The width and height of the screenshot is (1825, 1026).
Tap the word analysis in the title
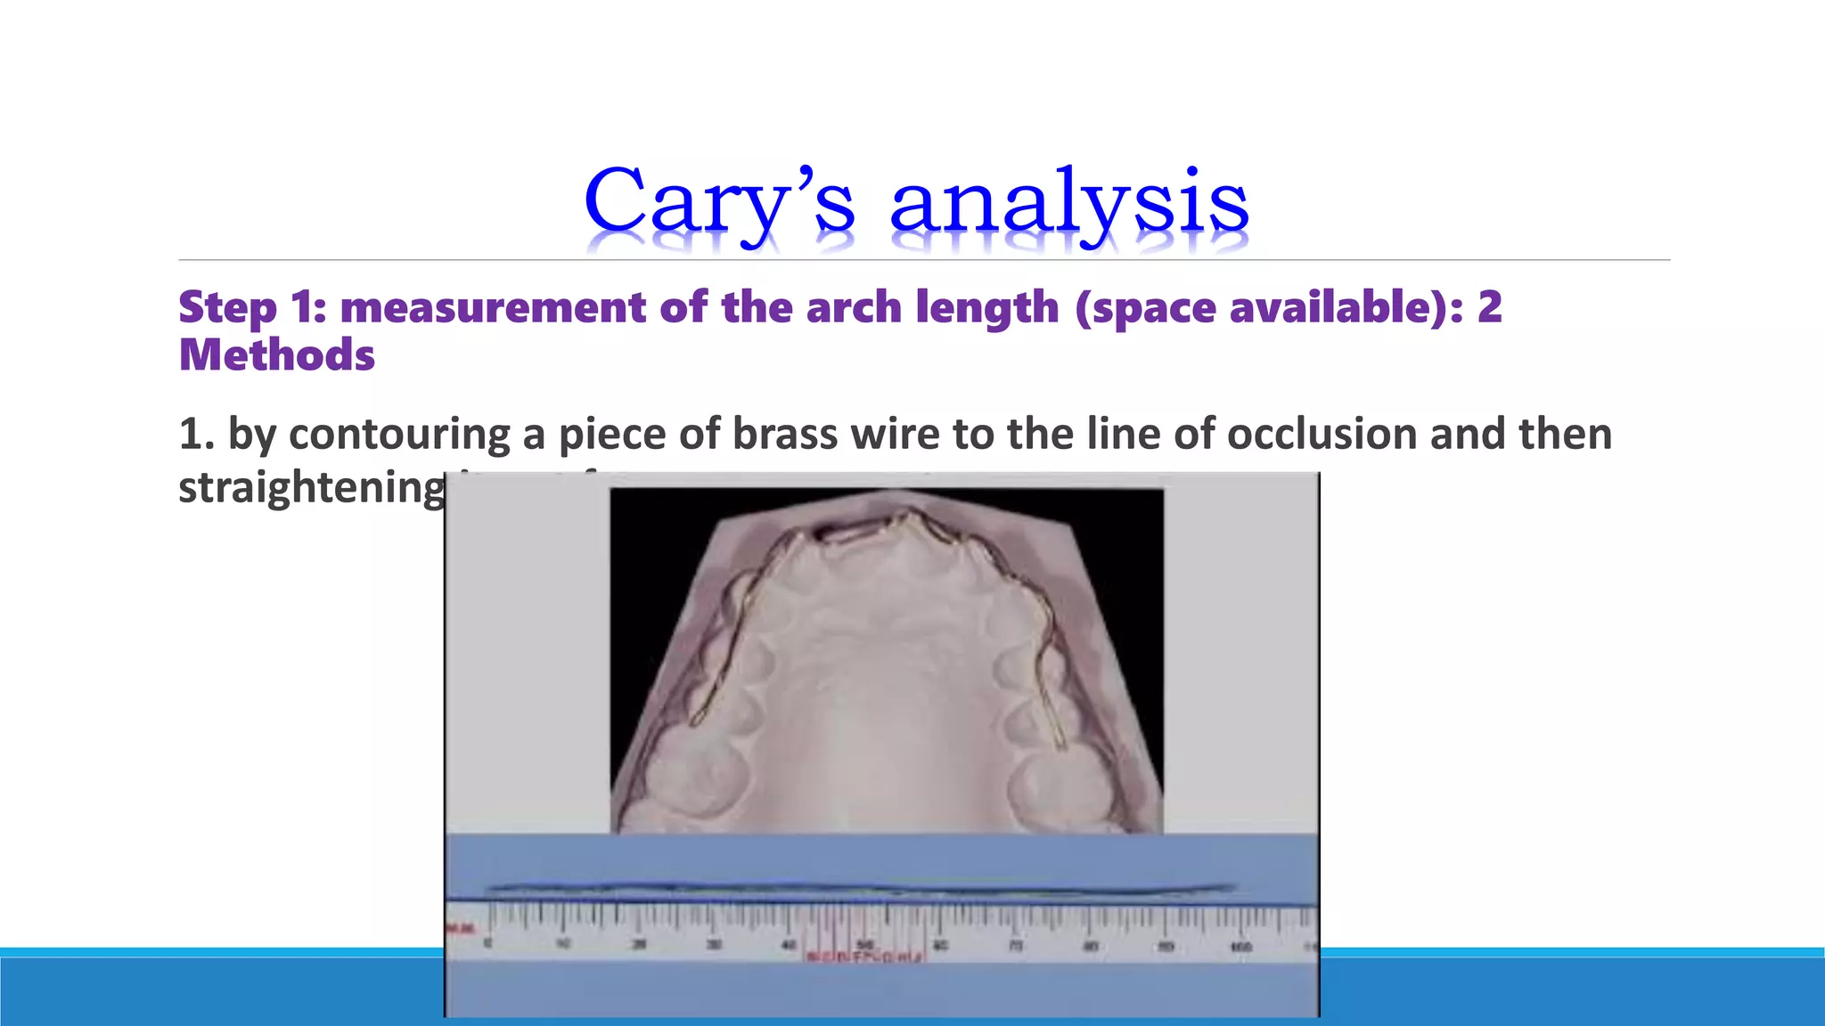click(1069, 203)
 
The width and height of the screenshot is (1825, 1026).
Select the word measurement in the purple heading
click(493, 307)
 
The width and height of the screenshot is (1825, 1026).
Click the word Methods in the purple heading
click(277, 355)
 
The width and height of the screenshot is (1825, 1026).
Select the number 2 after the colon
click(1489, 307)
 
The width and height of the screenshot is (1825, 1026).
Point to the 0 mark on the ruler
click(487, 943)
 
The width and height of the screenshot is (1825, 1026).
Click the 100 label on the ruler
click(1241, 946)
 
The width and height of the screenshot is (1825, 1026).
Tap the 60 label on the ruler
click(941, 945)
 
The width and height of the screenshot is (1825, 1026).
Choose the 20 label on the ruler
click(639, 944)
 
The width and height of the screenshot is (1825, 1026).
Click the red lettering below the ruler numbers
click(865, 957)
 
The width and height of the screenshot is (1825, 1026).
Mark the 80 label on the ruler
click(1091, 946)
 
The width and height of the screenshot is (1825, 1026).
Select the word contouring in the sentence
click(399, 435)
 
